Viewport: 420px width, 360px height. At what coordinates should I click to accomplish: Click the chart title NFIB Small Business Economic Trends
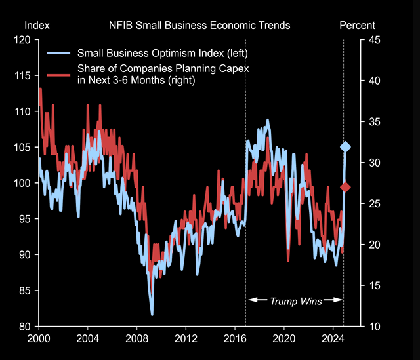(x=199, y=26)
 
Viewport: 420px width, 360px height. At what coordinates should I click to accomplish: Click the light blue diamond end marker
(x=345, y=147)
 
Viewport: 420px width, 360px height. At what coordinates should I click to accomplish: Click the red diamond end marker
(x=346, y=188)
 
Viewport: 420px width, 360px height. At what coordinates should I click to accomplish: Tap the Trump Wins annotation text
(x=295, y=301)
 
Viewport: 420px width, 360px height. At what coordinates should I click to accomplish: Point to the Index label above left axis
(x=37, y=26)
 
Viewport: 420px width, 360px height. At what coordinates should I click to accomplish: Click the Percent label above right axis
(x=357, y=26)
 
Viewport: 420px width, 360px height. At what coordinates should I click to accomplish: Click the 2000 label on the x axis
(x=39, y=340)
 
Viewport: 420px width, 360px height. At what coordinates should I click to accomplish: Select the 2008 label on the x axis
(x=136, y=340)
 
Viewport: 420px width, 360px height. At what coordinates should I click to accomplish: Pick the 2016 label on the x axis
(x=234, y=340)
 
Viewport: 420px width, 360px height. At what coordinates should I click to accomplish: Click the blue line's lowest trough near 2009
(x=152, y=315)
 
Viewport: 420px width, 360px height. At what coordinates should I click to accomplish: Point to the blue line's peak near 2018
(x=268, y=120)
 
